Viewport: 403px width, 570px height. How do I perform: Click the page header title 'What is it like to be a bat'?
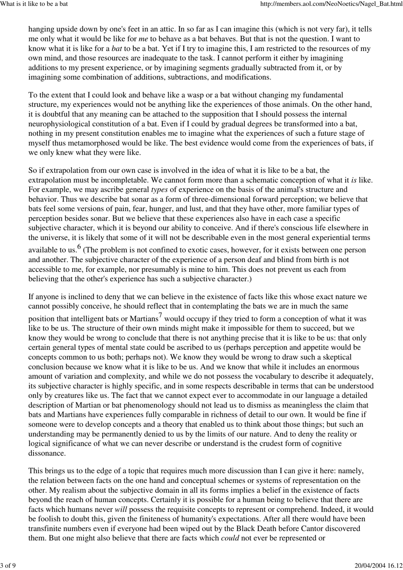(x=34, y=4)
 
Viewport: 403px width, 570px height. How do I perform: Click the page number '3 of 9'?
(x=8, y=566)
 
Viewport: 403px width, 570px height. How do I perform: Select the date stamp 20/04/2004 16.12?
(x=377, y=566)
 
